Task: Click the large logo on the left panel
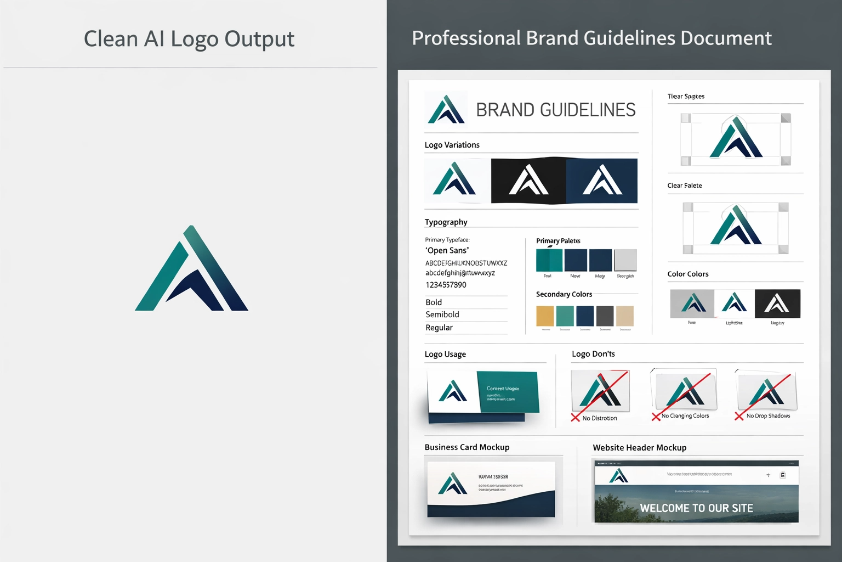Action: [x=192, y=269]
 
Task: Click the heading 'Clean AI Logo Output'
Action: [x=189, y=39]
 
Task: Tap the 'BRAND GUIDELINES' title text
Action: [x=555, y=110]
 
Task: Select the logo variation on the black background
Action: [x=528, y=181]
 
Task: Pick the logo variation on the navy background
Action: [x=602, y=181]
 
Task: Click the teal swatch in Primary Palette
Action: [x=549, y=260]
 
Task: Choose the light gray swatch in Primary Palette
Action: [x=625, y=260]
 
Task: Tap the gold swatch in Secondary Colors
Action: [x=545, y=316]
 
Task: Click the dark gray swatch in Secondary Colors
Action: [x=605, y=316]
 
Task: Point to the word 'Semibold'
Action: [x=442, y=314]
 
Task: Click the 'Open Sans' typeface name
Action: [x=447, y=250]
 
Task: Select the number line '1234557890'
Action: [x=446, y=285]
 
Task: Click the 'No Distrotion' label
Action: [x=600, y=418]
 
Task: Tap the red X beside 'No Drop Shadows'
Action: [x=739, y=417]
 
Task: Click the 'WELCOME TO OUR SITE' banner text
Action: [x=696, y=508]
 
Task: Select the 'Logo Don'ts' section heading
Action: [x=593, y=354]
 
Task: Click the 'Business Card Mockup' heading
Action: [x=467, y=447]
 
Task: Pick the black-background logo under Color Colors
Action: [x=777, y=304]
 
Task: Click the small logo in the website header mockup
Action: [x=619, y=475]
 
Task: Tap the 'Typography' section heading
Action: [x=446, y=222]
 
